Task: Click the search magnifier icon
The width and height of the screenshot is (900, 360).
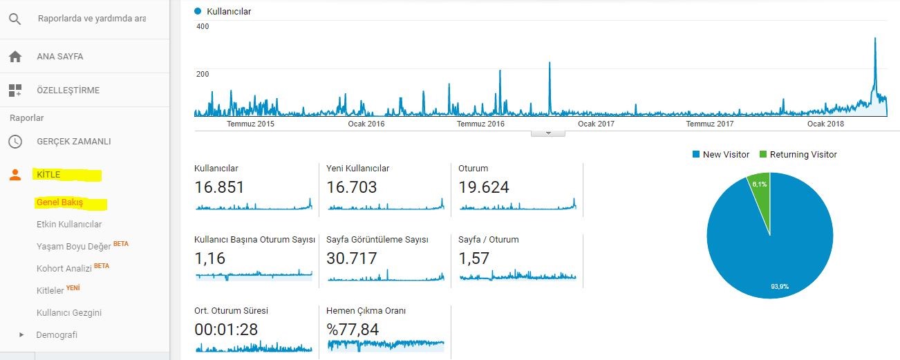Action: (x=15, y=19)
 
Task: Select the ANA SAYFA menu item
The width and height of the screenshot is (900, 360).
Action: (x=60, y=57)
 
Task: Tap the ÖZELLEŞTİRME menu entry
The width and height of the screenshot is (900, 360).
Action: (x=68, y=91)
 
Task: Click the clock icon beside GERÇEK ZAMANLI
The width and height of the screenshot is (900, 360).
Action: (x=15, y=142)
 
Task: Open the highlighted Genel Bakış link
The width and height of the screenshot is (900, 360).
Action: (x=59, y=202)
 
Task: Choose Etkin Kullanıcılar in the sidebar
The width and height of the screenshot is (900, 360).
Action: (x=69, y=225)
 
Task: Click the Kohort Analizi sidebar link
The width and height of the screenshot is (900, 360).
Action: (x=64, y=268)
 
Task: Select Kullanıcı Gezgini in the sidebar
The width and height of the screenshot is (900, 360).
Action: (x=69, y=313)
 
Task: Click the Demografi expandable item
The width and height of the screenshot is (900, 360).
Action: (x=57, y=335)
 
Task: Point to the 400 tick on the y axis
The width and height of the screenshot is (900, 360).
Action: (x=203, y=26)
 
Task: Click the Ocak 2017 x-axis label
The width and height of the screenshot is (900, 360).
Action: (x=596, y=124)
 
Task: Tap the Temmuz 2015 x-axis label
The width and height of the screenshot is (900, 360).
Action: (x=250, y=124)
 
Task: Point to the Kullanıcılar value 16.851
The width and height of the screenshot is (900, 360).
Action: (x=219, y=187)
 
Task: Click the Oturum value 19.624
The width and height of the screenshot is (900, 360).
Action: (x=484, y=187)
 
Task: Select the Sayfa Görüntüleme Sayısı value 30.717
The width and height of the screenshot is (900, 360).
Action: (x=352, y=258)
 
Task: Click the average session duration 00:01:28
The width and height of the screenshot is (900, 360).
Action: (x=226, y=330)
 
